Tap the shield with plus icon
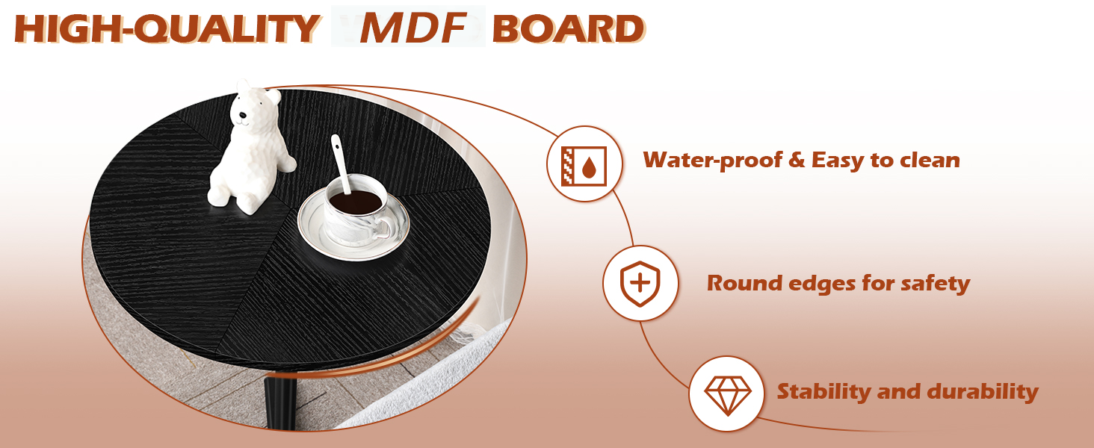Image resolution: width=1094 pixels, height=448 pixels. point(640,283)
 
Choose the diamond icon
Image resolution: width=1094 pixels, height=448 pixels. point(725,393)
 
